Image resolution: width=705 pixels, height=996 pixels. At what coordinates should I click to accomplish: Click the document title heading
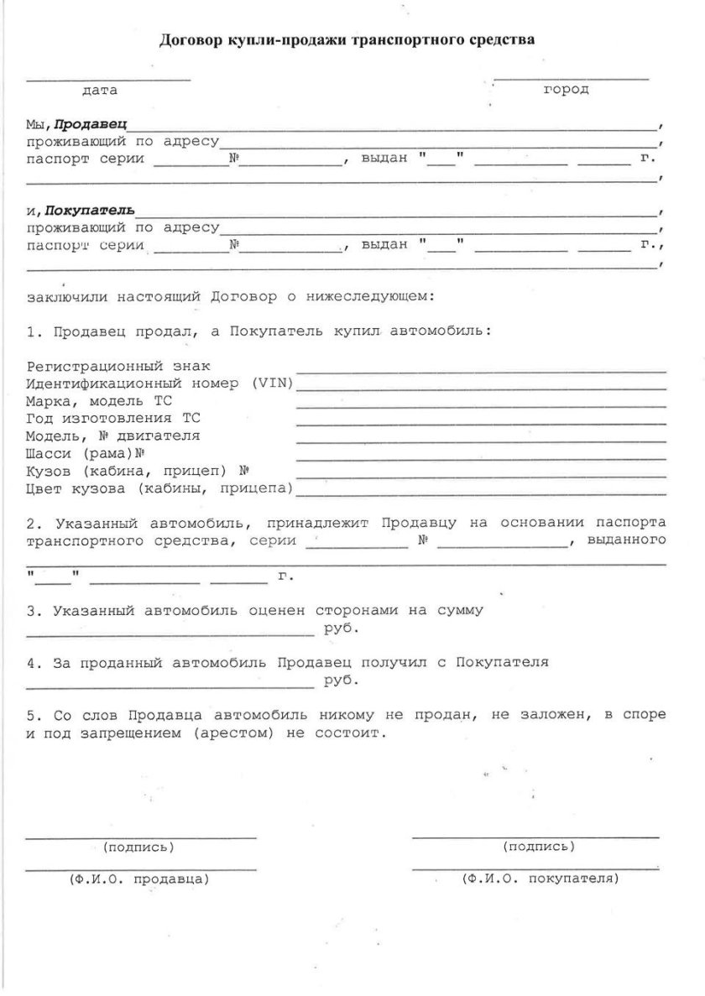[347, 39]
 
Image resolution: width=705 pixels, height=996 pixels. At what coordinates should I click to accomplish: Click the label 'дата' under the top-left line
[100, 90]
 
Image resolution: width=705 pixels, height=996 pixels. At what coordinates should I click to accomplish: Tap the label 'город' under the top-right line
[566, 89]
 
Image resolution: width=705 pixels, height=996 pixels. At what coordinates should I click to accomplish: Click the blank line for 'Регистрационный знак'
[482, 369]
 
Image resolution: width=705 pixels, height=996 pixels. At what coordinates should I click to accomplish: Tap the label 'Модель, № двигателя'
[113, 436]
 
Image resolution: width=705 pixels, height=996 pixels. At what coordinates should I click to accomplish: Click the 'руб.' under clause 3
[342, 628]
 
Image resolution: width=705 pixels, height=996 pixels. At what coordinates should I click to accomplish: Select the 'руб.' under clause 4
[342, 681]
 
